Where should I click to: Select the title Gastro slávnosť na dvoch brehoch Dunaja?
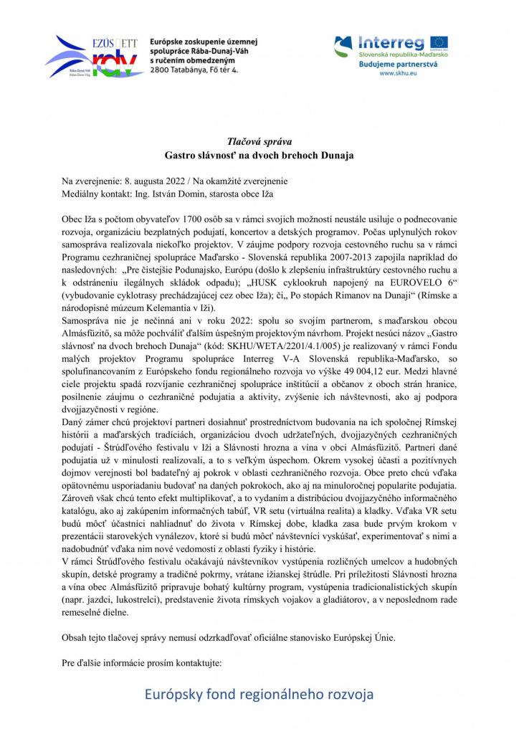(259, 155)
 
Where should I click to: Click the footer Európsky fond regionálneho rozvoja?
(259, 694)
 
